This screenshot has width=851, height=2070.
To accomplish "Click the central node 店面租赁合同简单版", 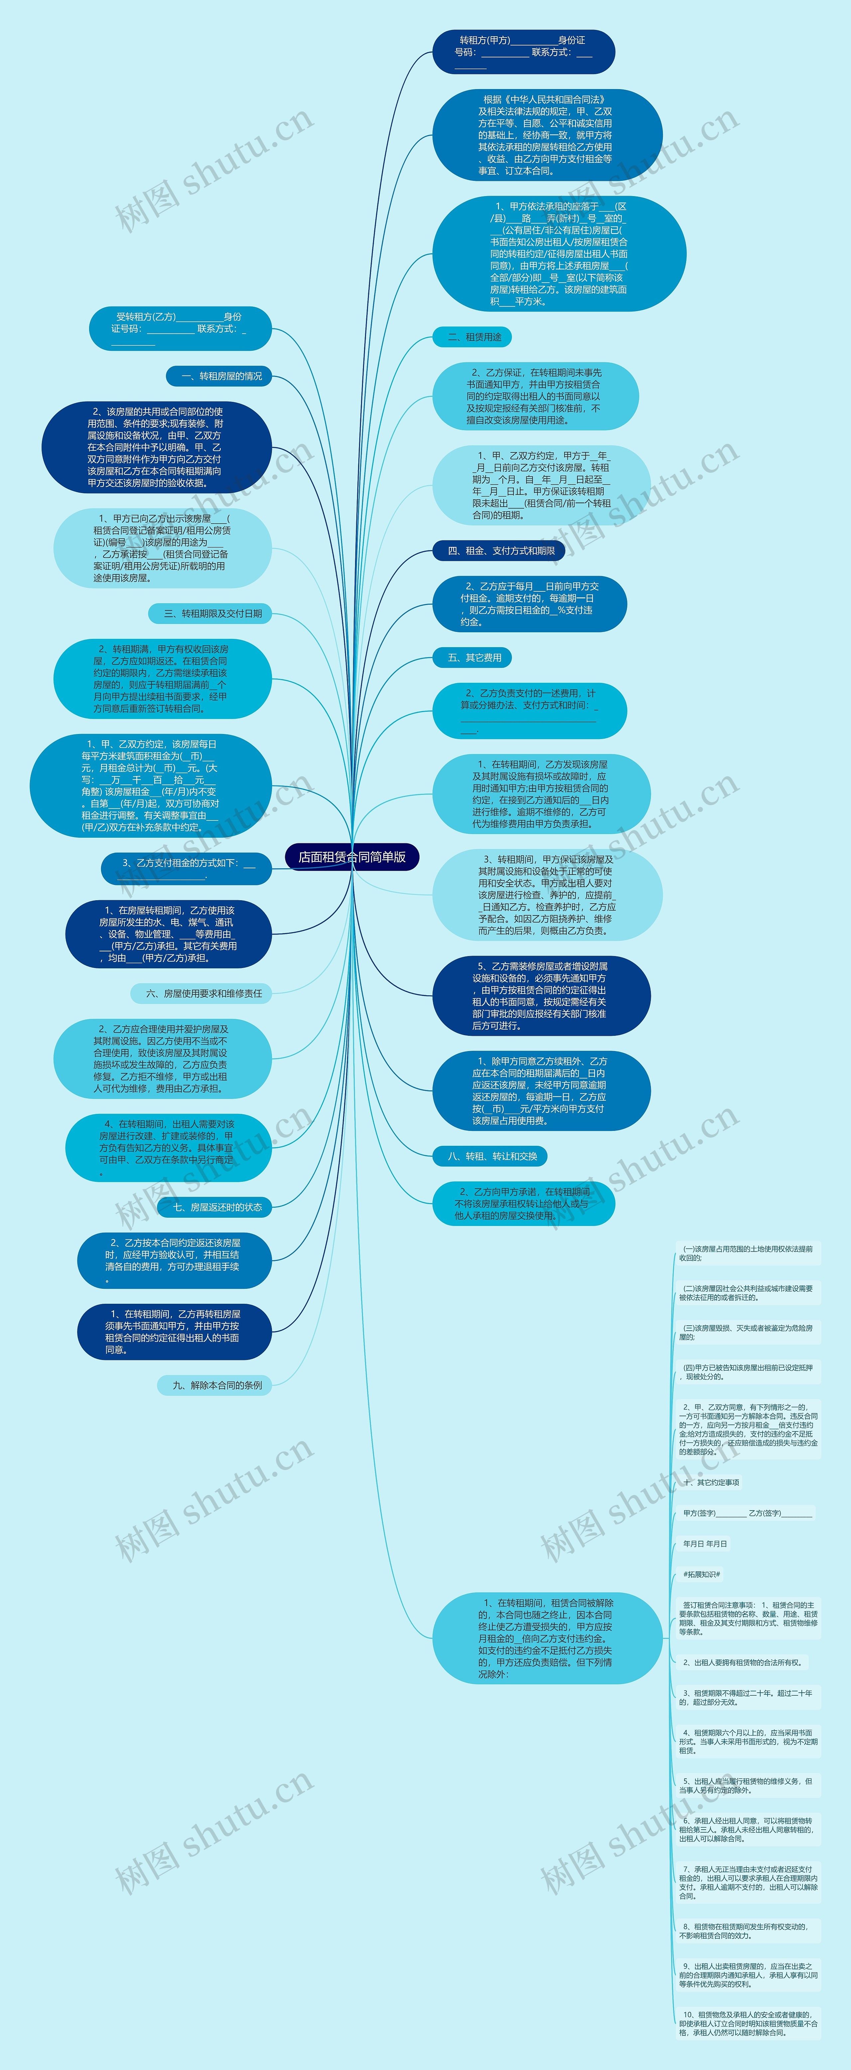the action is coord(352,857).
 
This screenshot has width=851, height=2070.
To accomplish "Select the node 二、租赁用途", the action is coord(472,337).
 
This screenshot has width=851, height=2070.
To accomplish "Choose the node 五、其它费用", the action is coord(472,657).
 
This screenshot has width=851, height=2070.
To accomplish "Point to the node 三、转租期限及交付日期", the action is coord(210,613).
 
